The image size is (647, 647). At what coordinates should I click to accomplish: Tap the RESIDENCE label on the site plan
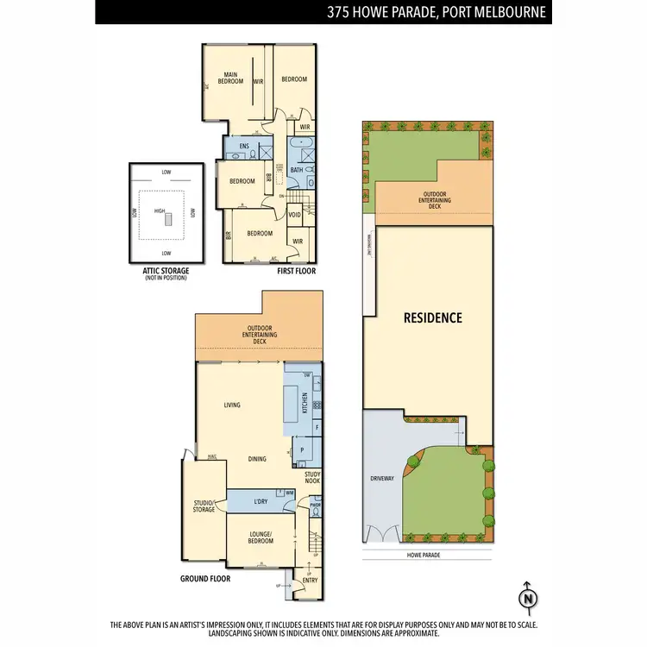pyautogui.click(x=433, y=317)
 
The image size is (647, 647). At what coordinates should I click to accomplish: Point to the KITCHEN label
pyautogui.click(x=304, y=402)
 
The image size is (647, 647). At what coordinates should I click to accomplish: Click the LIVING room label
pyautogui.click(x=231, y=405)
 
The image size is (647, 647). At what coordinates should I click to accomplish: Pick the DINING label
pyautogui.click(x=256, y=459)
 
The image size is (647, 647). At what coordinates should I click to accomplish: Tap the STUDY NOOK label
pyautogui.click(x=313, y=476)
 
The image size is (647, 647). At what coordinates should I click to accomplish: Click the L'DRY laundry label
pyautogui.click(x=261, y=502)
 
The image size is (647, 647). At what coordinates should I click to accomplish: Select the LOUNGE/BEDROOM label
pyautogui.click(x=260, y=538)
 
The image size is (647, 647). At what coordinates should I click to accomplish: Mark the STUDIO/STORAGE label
pyautogui.click(x=204, y=506)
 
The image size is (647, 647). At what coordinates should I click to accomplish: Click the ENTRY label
pyautogui.click(x=310, y=581)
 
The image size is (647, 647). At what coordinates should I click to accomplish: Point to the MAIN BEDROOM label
pyautogui.click(x=230, y=79)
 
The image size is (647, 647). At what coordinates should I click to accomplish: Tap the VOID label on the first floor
pyautogui.click(x=294, y=215)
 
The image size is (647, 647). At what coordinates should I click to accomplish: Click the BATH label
pyautogui.click(x=296, y=170)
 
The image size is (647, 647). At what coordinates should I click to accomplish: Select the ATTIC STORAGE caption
pyautogui.click(x=166, y=271)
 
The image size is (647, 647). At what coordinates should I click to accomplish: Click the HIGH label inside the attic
pyautogui.click(x=159, y=210)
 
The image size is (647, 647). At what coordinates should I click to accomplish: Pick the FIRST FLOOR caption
pyautogui.click(x=298, y=271)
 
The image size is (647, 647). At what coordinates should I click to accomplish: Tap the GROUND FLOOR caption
pyautogui.click(x=205, y=579)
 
